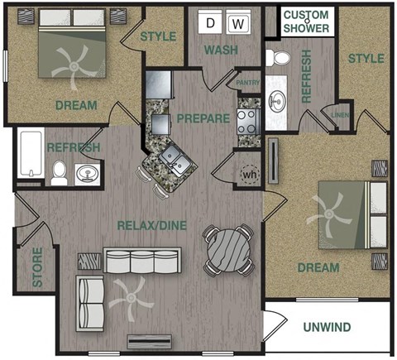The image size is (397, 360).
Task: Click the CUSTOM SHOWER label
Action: click(x=308, y=22)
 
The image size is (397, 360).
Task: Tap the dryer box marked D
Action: click(x=213, y=23)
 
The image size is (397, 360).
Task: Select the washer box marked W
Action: click(x=238, y=23)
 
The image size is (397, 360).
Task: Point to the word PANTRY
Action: click(x=247, y=84)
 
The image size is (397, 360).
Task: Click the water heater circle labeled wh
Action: click(x=249, y=175)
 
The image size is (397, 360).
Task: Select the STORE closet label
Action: click(x=37, y=266)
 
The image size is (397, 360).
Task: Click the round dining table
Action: click(x=227, y=249)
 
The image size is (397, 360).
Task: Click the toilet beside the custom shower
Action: click(x=279, y=58)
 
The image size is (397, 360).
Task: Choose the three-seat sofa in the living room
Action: click(x=131, y=263)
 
